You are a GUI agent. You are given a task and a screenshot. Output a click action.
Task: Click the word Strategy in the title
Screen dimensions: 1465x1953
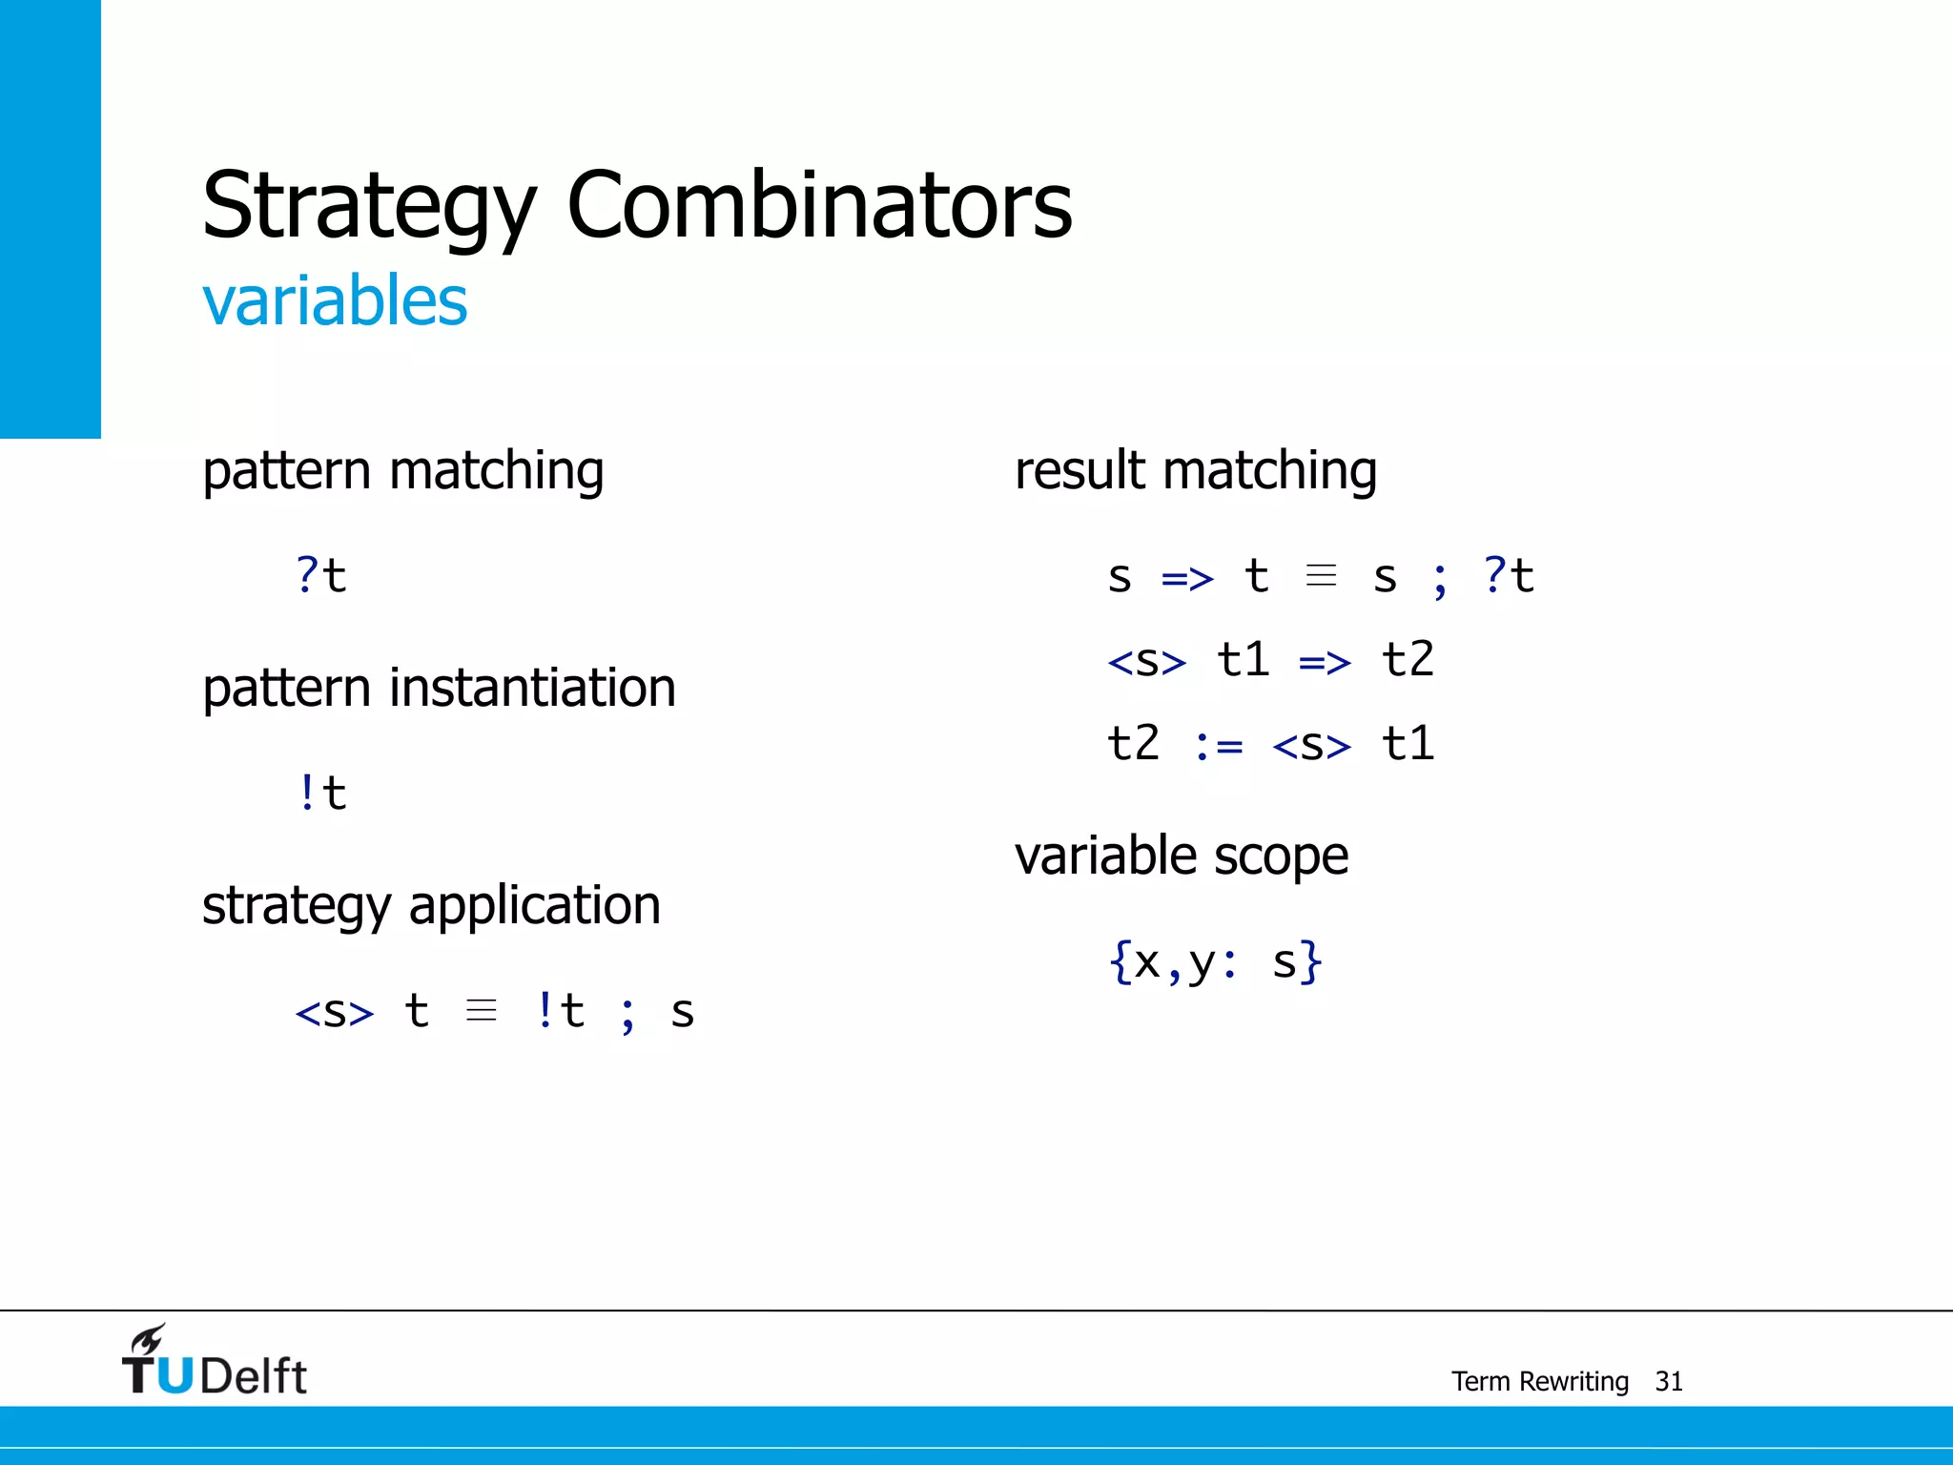point(369,205)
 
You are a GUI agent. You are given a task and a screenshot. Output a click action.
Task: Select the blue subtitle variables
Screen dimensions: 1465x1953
point(335,301)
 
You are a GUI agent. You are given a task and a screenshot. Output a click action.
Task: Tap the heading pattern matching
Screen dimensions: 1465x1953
point(402,471)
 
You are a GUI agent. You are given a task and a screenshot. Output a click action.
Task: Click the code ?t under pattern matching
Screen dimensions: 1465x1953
point(321,576)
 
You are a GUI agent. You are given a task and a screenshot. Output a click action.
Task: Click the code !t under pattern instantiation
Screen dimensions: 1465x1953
point(321,794)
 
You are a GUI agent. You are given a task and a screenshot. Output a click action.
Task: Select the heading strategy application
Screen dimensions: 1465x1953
point(431,905)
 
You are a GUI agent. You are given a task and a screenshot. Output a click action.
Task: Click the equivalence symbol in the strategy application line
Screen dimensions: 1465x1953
point(482,1010)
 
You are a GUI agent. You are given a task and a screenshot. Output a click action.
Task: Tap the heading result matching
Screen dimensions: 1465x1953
point(1195,471)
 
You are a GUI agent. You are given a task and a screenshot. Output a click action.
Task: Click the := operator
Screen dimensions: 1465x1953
point(1218,745)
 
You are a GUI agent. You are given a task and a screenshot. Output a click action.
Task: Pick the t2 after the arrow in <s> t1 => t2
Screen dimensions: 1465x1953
point(1407,660)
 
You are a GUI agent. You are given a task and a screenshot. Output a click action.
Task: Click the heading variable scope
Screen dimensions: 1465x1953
point(1181,856)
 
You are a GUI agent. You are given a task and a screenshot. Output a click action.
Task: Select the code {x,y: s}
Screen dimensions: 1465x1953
point(1215,961)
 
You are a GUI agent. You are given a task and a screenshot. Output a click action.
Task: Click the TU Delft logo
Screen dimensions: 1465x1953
point(215,1364)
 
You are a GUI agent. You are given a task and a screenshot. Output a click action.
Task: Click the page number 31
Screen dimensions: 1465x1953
point(1668,1381)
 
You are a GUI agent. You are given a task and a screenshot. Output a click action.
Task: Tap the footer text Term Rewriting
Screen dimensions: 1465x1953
point(1539,1381)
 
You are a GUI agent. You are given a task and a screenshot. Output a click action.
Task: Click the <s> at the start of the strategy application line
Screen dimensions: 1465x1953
point(335,1012)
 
